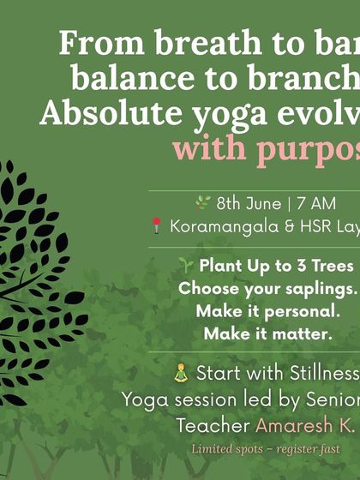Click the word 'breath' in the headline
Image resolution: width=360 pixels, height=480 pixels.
tap(187, 44)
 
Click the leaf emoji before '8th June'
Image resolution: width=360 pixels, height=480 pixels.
tap(202, 203)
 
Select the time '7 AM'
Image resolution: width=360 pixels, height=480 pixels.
tap(319, 204)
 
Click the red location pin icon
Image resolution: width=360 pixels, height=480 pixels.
tap(156, 227)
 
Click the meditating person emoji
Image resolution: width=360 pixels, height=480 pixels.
tap(180, 374)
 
